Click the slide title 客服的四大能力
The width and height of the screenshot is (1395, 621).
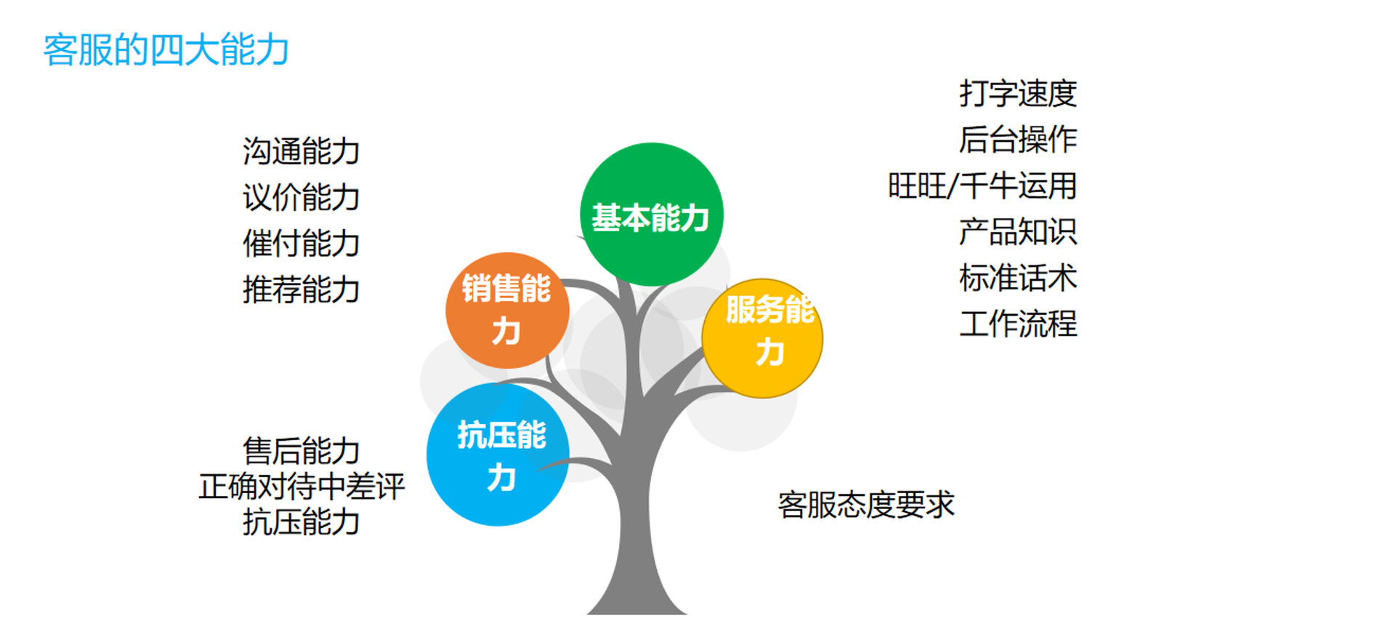[x=166, y=50]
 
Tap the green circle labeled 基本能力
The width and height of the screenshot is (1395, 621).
[x=652, y=215]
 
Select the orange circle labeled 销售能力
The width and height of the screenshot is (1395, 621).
[x=507, y=310]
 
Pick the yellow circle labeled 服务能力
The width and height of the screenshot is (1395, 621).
[x=762, y=338]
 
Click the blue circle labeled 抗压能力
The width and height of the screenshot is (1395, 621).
[x=498, y=454]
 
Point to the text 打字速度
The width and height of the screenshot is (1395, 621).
[x=1018, y=94]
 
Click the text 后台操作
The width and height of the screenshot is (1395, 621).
[x=1018, y=140]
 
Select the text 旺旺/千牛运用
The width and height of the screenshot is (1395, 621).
[x=982, y=186]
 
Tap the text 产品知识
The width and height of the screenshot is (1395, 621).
[x=1018, y=232]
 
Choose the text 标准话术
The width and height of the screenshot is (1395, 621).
[x=1018, y=278]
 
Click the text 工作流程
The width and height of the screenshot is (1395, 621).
[x=1018, y=324]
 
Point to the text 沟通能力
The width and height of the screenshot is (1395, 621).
[x=302, y=151]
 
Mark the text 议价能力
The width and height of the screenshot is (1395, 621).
[x=302, y=198]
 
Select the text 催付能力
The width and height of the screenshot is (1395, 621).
[x=302, y=244]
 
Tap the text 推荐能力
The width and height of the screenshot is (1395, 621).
[x=302, y=289]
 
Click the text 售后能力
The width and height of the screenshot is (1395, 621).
[x=302, y=451]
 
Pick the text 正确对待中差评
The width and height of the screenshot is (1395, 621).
[x=302, y=486]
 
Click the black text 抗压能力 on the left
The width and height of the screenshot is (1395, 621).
[x=302, y=522]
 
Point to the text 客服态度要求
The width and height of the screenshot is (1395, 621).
[x=866, y=505]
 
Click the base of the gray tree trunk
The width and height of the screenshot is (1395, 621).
[x=636, y=609]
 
